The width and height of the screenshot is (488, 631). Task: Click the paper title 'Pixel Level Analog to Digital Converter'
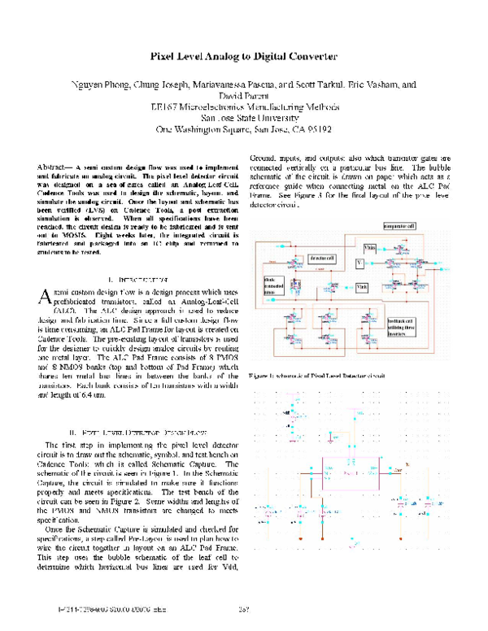pyautogui.click(x=243, y=57)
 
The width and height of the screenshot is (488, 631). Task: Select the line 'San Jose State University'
pyautogui.click(x=243, y=117)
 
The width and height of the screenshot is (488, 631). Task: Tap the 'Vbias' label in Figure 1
pyautogui.click(x=370, y=246)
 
